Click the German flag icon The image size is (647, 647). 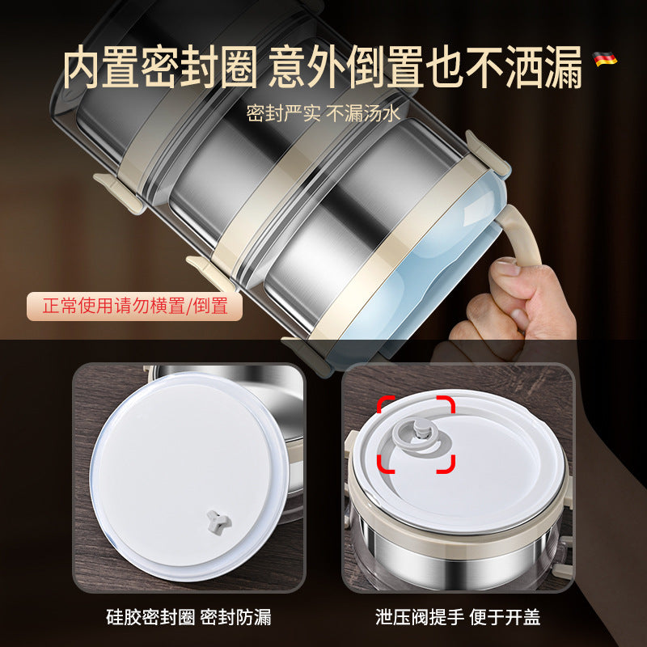coord(605,58)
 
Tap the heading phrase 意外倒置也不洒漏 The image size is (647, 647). coord(425,70)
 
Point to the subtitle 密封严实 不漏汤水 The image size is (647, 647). coord(323,112)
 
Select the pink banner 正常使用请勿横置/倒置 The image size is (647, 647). coord(134,306)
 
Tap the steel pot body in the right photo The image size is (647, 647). coord(453,550)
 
